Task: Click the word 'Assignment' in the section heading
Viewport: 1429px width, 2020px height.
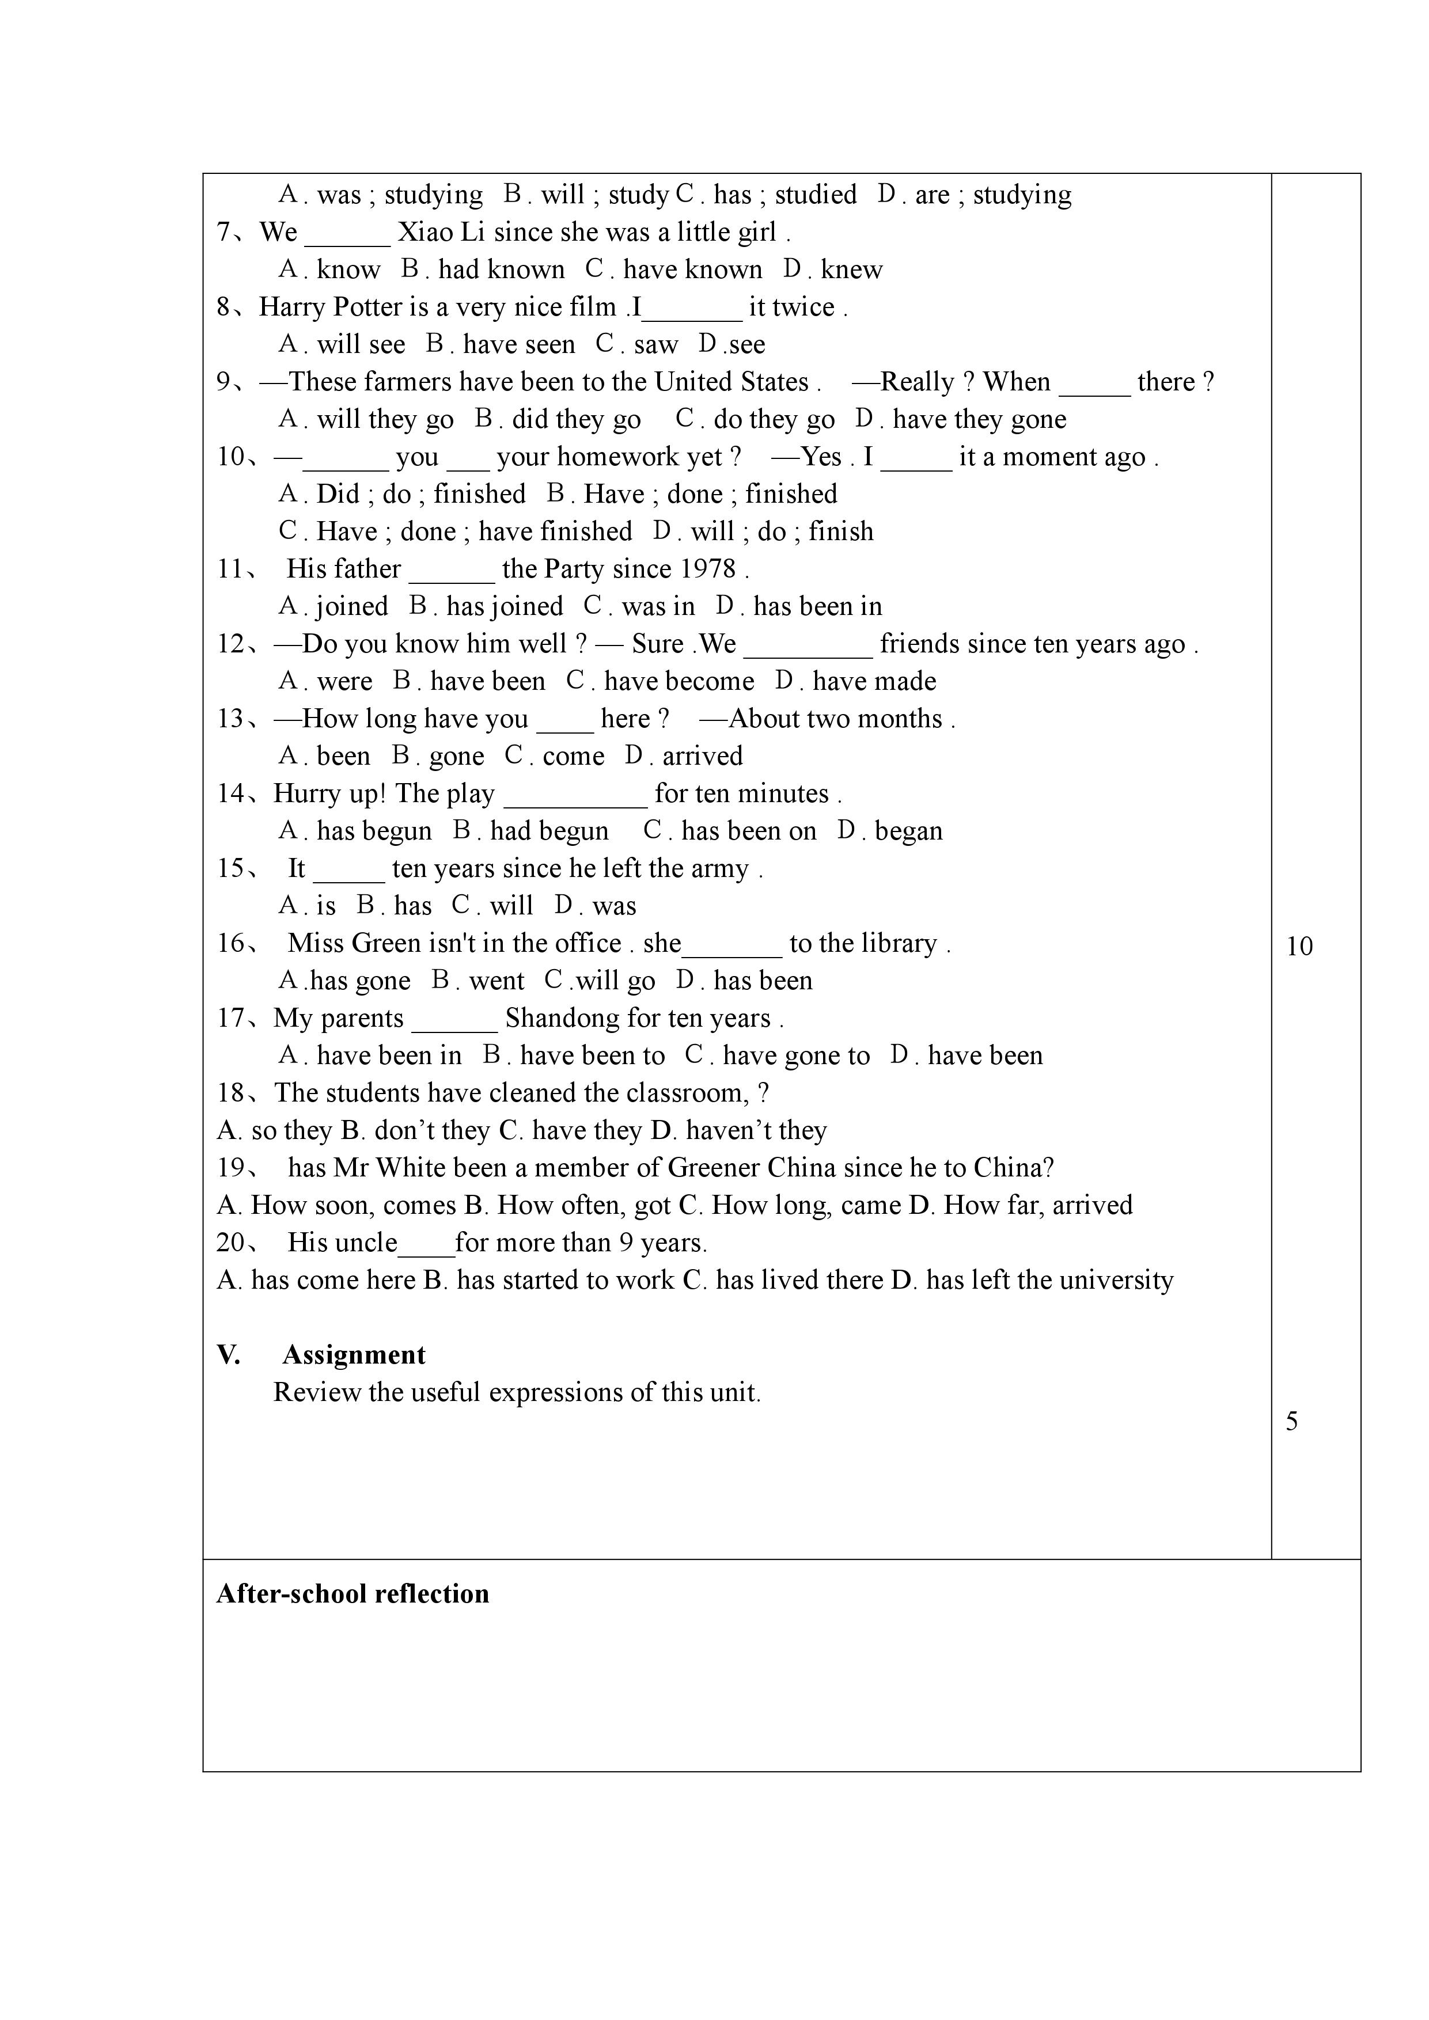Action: [x=354, y=1355]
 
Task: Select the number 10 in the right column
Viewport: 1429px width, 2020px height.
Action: [x=1299, y=947]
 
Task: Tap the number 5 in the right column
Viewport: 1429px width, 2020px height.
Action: [x=1292, y=1422]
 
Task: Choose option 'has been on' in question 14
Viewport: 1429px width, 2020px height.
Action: [x=748, y=831]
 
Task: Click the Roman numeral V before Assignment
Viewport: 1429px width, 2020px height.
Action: [x=228, y=1355]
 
